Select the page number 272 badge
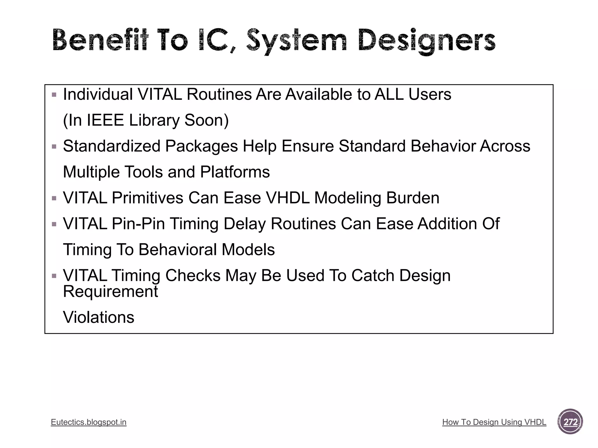570,422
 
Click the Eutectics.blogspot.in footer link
88,422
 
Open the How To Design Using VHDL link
494,422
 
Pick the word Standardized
112,146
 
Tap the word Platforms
235,172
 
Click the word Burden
413,198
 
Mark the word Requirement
110,291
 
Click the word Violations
99,317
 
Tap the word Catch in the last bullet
373,275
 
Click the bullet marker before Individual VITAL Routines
54,95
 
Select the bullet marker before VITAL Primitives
54,198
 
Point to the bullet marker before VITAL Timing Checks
54,276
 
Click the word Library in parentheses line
154,120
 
